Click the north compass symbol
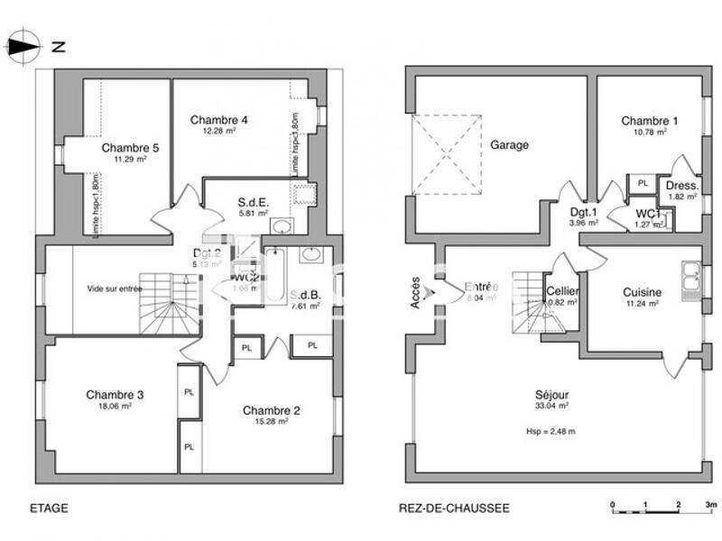(x=23, y=45)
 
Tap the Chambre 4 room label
(x=218, y=120)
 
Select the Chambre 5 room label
(x=124, y=148)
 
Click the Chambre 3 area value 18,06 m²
(x=115, y=406)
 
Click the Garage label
(x=509, y=144)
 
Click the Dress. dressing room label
(x=681, y=185)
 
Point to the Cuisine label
(x=643, y=292)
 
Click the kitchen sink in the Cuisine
(x=692, y=280)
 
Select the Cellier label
(x=562, y=292)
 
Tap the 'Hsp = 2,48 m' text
(x=551, y=431)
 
